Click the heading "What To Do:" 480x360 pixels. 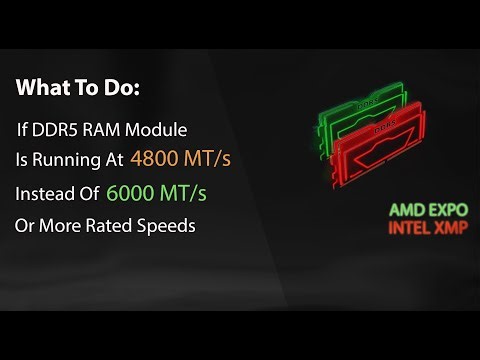click(x=78, y=88)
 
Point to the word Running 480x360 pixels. click(x=65, y=158)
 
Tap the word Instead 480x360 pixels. click(x=45, y=192)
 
